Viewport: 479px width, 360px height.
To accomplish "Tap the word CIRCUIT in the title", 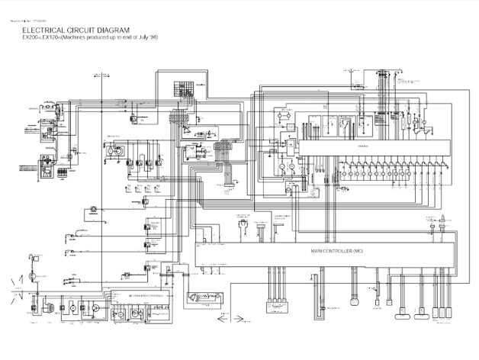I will [x=97, y=30].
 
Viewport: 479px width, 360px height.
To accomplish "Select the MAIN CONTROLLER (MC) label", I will [x=336, y=250].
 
